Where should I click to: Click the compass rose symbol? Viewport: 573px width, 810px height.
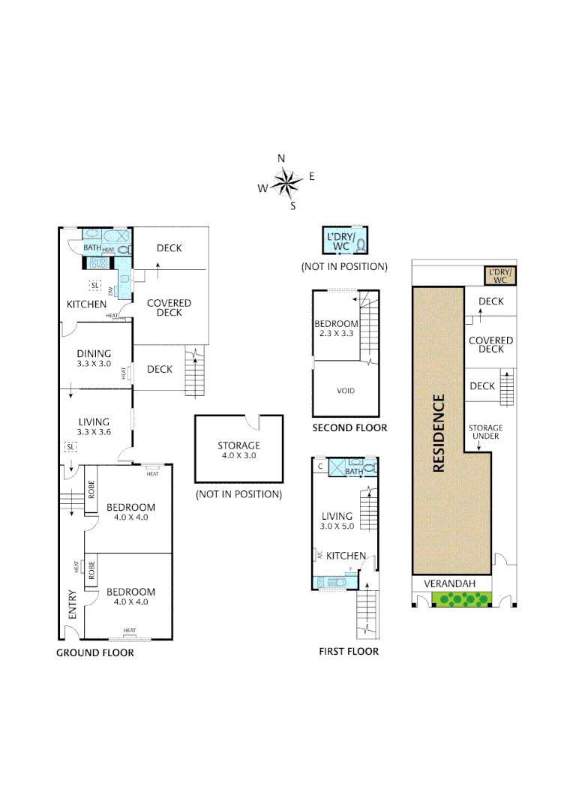[x=285, y=182]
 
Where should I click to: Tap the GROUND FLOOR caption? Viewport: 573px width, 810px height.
[x=95, y=652]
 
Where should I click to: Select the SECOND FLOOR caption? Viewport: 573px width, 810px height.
[x=349, y=427]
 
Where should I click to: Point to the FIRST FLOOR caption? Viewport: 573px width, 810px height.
[x=349, y=651]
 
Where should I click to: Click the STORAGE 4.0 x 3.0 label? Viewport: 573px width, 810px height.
[x=238, y=450]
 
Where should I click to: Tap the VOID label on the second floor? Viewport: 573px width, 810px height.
[x=346, y=391]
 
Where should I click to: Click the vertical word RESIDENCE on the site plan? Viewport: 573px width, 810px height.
[x=439, y=433]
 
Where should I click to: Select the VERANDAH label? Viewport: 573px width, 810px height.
[x=448, y=583]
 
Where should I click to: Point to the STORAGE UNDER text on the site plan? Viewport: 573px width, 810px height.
[x=486, y=432]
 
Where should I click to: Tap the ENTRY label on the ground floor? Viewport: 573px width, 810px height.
[x=72, y=604]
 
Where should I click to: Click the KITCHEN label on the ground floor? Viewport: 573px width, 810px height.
[x=87, y=304]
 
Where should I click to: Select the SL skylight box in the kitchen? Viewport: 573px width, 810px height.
[x=94, y=285]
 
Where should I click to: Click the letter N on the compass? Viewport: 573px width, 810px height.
[x=281, y=158]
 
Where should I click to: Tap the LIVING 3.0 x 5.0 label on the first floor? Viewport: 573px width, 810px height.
[x=337, y=520]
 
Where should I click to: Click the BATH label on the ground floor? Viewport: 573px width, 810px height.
[x=91, y=247]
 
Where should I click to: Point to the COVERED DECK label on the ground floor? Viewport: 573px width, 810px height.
[x=169, y=307]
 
